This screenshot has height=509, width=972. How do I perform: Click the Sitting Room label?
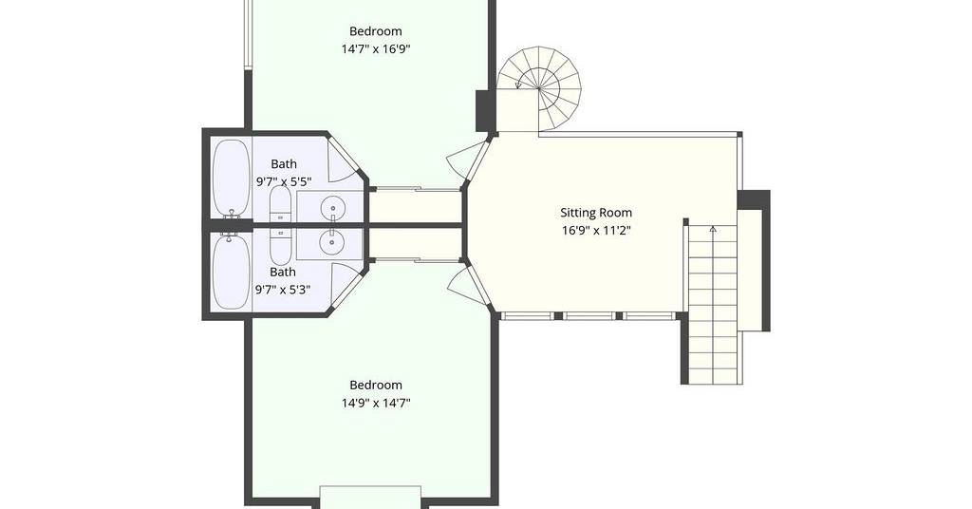596,213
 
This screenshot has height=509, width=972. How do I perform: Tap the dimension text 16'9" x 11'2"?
596,231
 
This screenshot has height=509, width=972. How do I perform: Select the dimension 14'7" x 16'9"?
376,49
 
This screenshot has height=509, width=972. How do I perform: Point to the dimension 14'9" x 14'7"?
376,403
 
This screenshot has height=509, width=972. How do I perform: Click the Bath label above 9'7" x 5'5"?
284,164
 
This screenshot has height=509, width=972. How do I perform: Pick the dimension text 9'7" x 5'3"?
283,290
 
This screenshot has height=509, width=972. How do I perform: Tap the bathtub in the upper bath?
232,178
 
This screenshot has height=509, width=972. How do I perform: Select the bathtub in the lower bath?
232,273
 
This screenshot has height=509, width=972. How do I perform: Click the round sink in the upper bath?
333,206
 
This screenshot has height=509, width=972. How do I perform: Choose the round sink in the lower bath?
333,241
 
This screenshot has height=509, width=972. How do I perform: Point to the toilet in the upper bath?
280,204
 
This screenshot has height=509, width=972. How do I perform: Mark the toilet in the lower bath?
280,246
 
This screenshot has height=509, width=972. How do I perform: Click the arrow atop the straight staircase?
713,230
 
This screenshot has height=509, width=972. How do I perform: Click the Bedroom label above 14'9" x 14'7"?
376,385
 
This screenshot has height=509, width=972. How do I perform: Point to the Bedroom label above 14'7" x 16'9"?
376,31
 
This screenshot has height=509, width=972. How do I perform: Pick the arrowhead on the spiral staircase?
518,85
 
